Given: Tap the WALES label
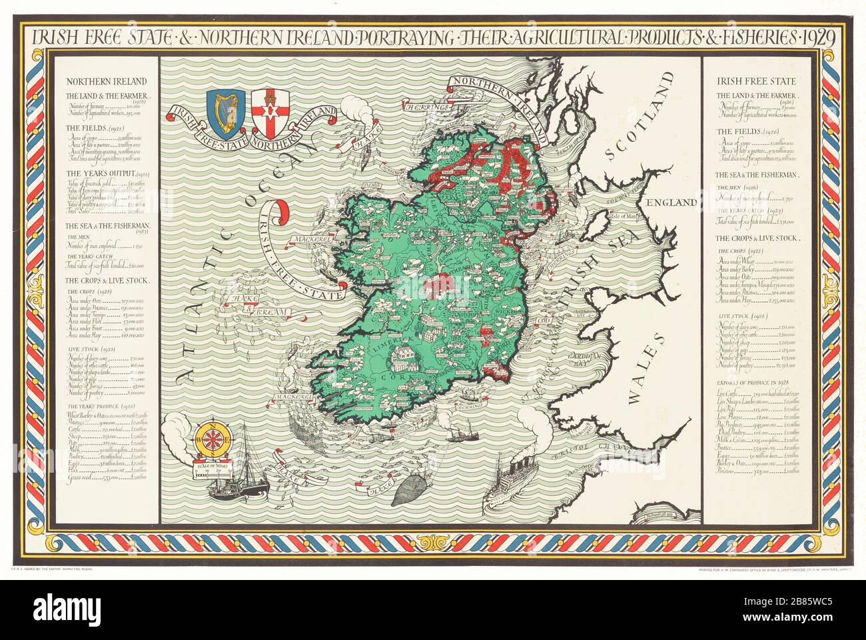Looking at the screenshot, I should point(644,368).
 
